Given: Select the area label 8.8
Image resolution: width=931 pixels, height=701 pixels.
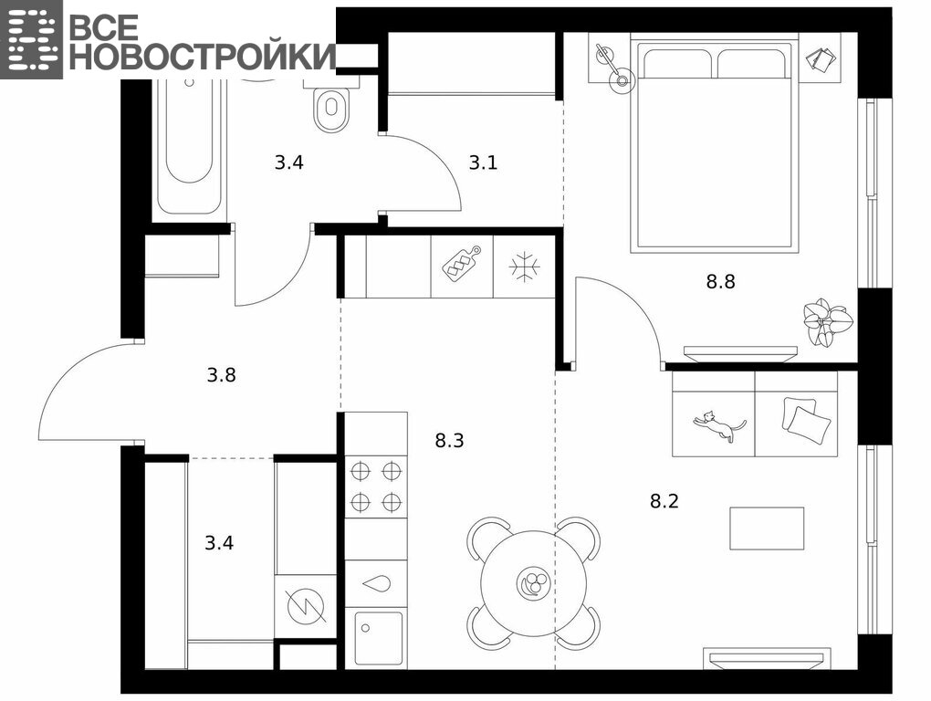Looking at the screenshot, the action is (720, 281).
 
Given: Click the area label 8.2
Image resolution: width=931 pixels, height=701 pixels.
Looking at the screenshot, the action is (664, 502).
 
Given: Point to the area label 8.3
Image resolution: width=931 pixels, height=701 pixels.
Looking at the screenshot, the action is (449, 441).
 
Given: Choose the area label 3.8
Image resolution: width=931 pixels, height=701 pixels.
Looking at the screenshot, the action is (222, 375).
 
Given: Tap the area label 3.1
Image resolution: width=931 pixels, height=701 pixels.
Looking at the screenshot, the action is (484, 162).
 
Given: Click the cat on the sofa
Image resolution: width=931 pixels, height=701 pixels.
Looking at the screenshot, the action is (718, 425).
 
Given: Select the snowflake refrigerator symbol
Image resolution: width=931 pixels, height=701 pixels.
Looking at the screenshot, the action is (524, 267).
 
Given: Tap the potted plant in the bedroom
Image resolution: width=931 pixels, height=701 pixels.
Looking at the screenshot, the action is (828, 321).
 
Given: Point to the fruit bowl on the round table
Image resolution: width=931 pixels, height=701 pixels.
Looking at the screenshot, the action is (531, 583).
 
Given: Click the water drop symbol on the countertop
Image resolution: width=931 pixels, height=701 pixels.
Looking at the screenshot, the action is (376, 583).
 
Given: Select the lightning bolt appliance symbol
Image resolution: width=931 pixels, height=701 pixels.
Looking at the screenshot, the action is (307, 606).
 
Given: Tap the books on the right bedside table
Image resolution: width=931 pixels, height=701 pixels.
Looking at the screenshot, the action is (821, 58).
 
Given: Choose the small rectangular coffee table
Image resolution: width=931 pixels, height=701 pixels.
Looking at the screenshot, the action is (767, 528).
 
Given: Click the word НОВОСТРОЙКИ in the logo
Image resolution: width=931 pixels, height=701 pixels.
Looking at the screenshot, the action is (202, 57).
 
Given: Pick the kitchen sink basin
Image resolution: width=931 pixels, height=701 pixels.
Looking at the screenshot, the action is (378, 639).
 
